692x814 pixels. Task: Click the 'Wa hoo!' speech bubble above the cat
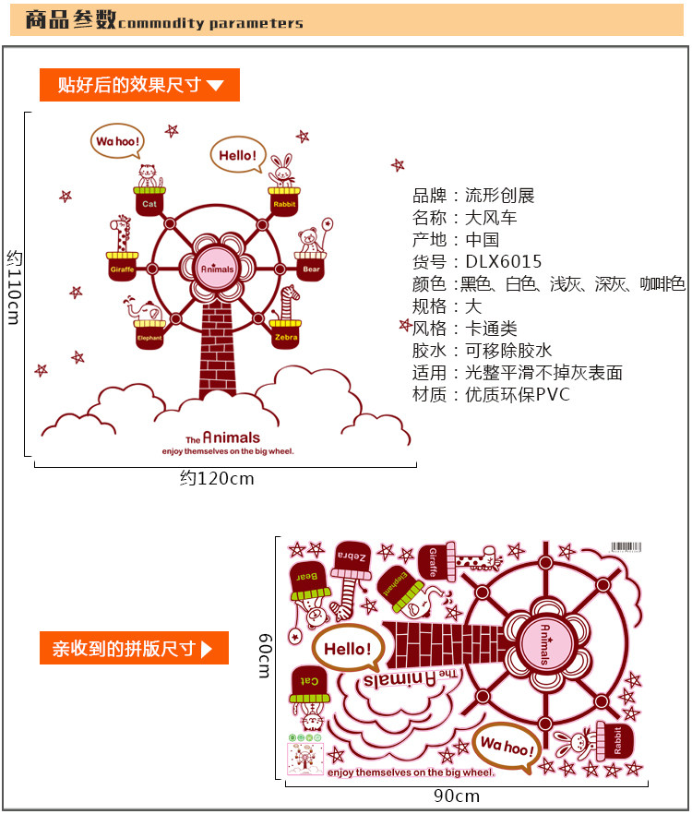coord(117,142)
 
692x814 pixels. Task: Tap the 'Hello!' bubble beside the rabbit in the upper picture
coord(238,155)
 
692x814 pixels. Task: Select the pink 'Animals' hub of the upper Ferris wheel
coord(218,266)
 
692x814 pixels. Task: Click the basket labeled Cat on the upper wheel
coord(149,201)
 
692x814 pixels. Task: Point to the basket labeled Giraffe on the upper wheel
coord(123,268)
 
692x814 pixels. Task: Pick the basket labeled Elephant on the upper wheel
coord(149,336)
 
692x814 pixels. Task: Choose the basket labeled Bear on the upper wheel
coord(311,268)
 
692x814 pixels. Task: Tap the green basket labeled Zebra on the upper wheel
coord(285,336)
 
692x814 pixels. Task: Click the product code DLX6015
coord(503,262)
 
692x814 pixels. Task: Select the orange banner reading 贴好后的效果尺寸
coord(139,86)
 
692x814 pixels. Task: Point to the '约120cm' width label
coord(217,479)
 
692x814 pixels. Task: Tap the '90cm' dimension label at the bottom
coord(457,796)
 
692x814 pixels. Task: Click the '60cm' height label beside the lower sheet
coord(265,655)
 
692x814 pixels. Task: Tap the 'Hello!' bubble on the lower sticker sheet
coord(347,650)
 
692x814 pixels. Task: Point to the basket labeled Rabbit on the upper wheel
coord(284,201)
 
